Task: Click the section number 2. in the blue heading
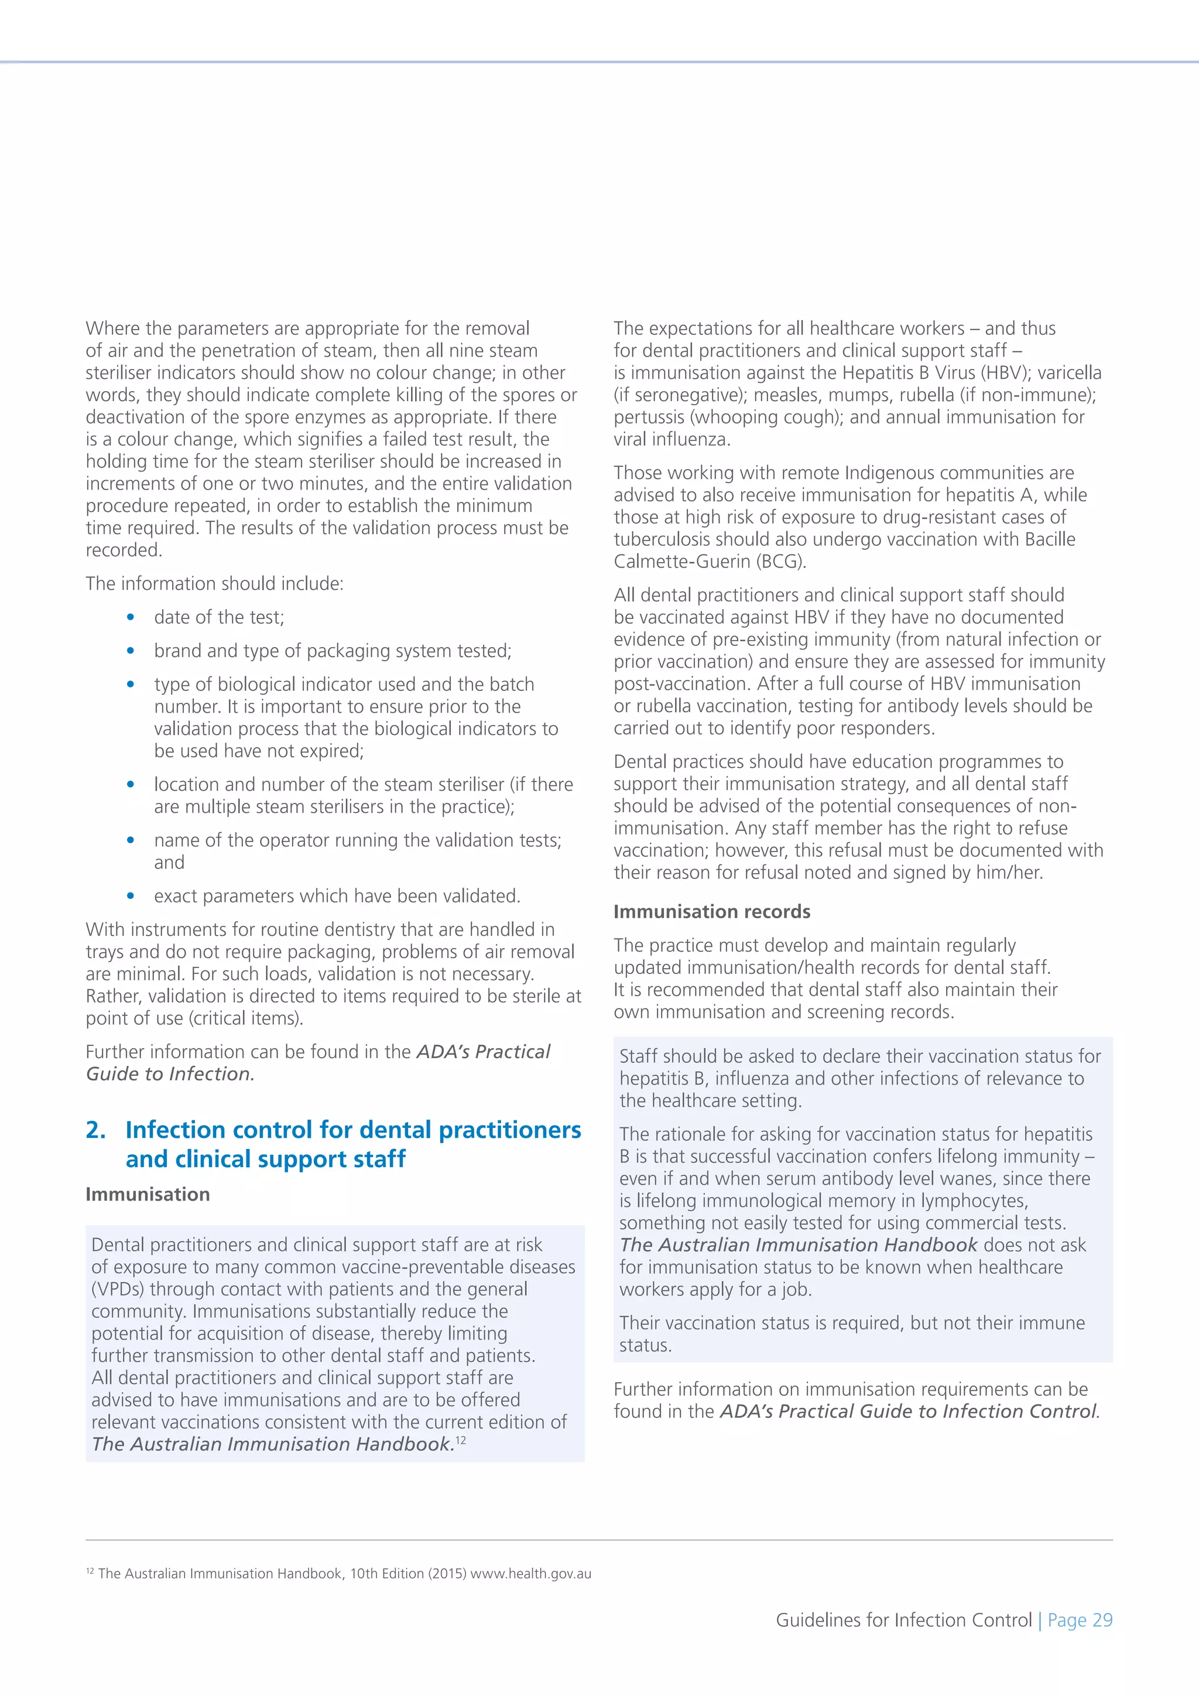(x=96, y=1130)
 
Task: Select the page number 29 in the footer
(x=1102, y=1620)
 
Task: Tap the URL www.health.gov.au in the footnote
(x=531, y=1574)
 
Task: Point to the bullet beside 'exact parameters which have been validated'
(x=131, y=896)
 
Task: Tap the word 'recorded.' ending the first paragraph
(x=124, y=550)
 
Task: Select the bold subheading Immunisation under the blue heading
(x=148, y=1195)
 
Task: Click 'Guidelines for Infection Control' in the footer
(x=903, y=1620)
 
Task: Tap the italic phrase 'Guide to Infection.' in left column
(x=170, y=1074)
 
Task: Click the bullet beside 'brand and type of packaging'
(x=131, y=651)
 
